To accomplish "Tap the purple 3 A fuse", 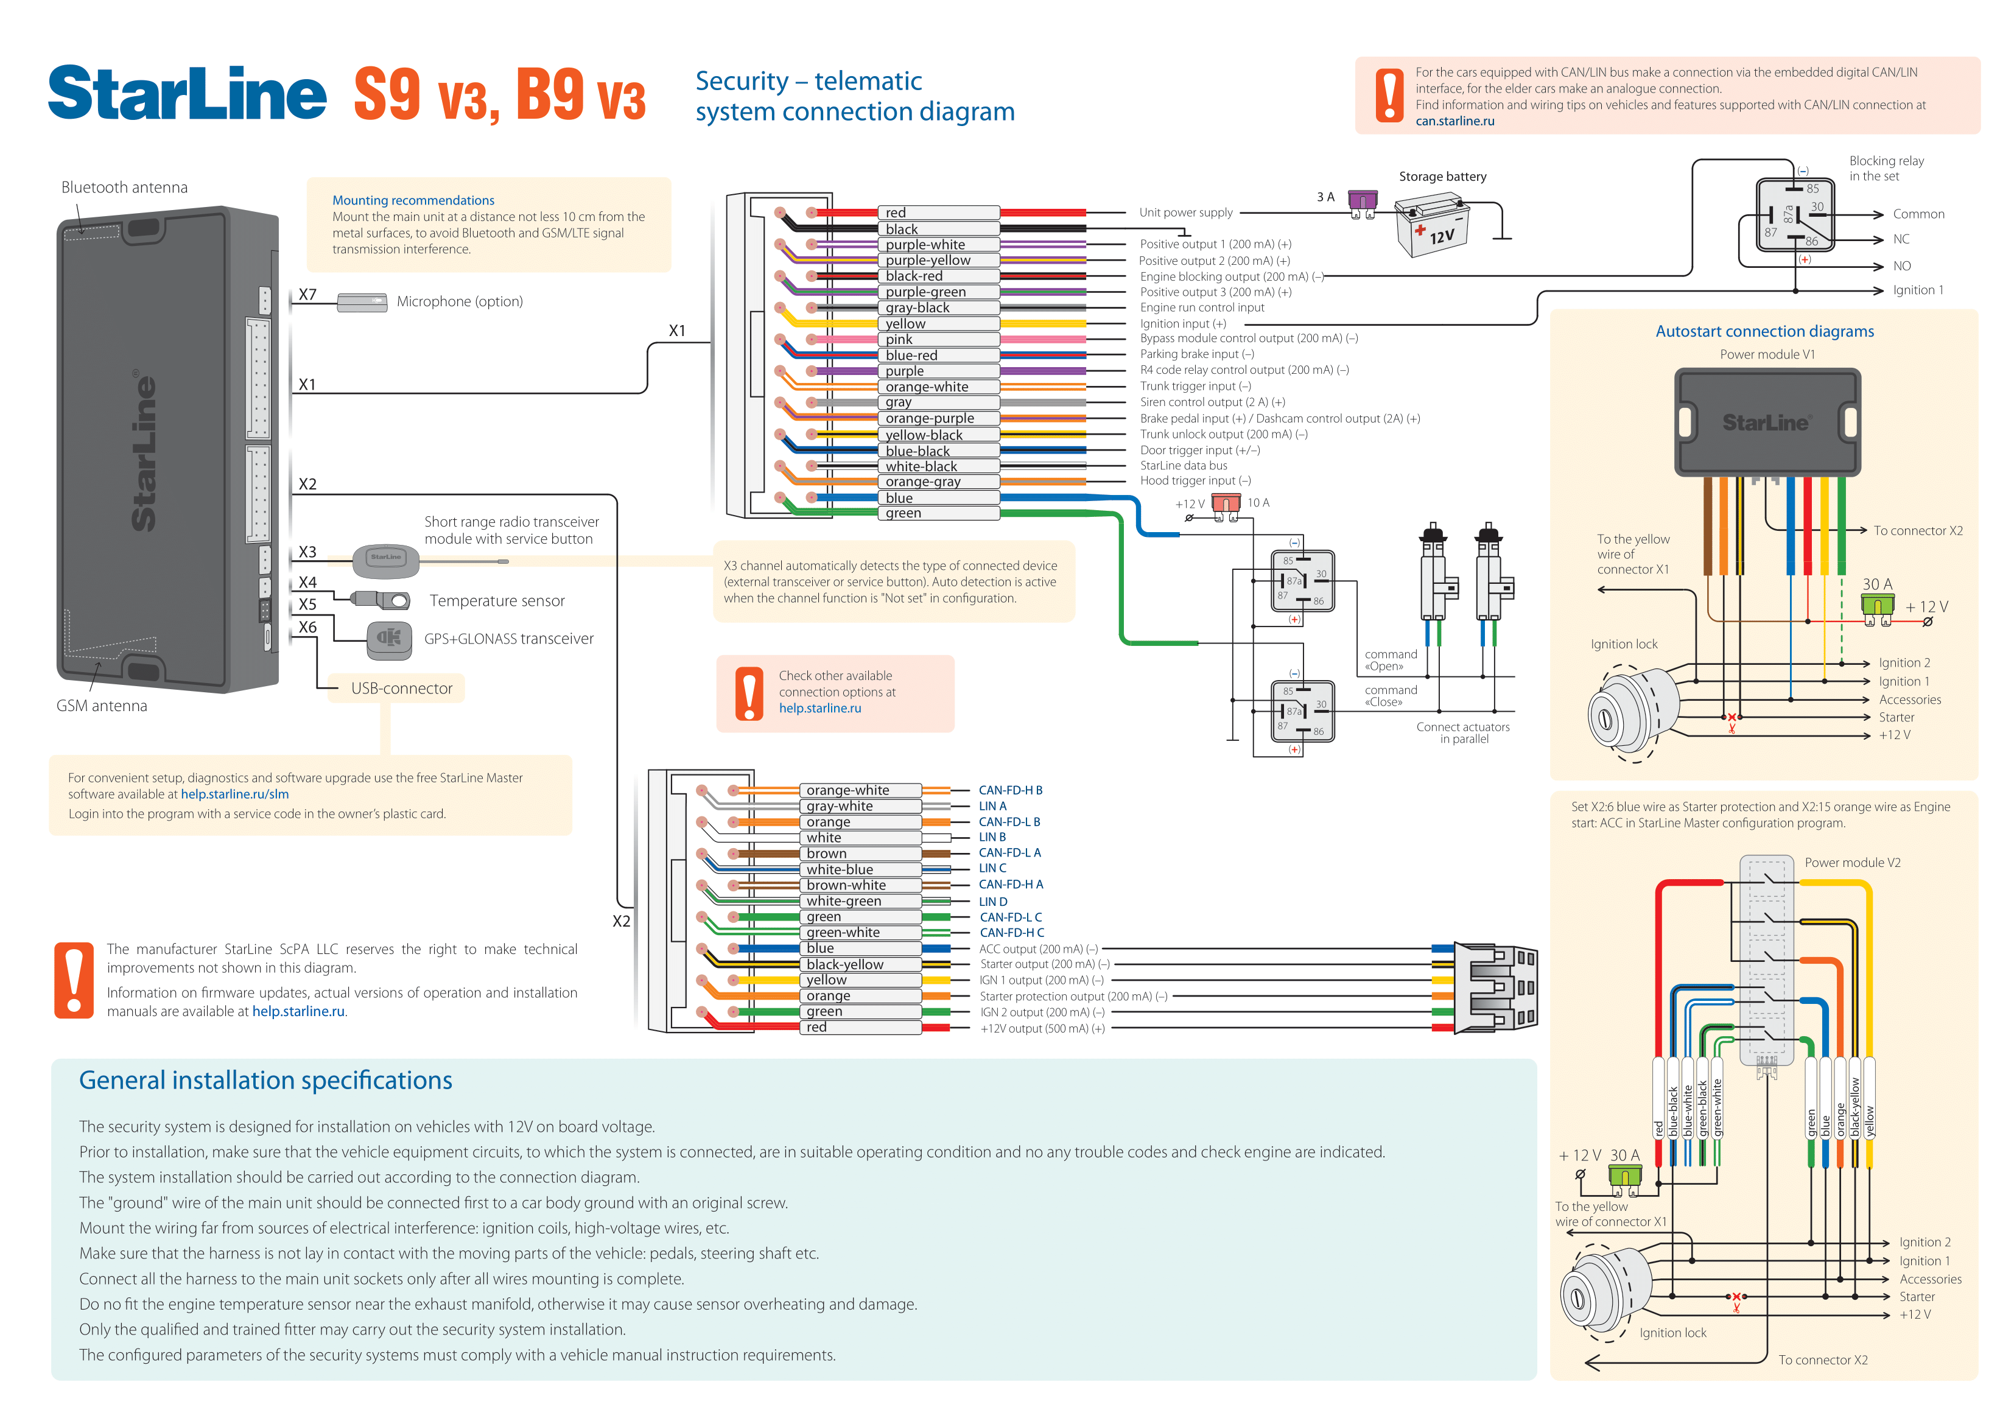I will point(1363,201).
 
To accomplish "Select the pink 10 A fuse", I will point(1226,503).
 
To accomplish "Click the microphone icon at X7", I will point(362,302).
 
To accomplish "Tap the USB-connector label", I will point(402,689).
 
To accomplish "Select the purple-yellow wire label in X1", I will point(927,261).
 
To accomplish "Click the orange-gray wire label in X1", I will point(923,482).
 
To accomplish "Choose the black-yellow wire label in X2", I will point(844,964).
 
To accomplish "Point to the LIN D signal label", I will point(993,901).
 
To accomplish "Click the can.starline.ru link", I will point(1454,121).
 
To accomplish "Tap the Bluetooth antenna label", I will point(125,188).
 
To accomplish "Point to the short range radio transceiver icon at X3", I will point(386,558).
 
